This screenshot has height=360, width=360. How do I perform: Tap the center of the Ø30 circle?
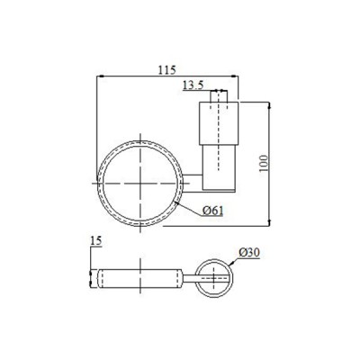coord(216,278)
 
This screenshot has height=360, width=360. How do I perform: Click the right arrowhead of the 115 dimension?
coord(234,76)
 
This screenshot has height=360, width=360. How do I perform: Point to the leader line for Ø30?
coord(235,262)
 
